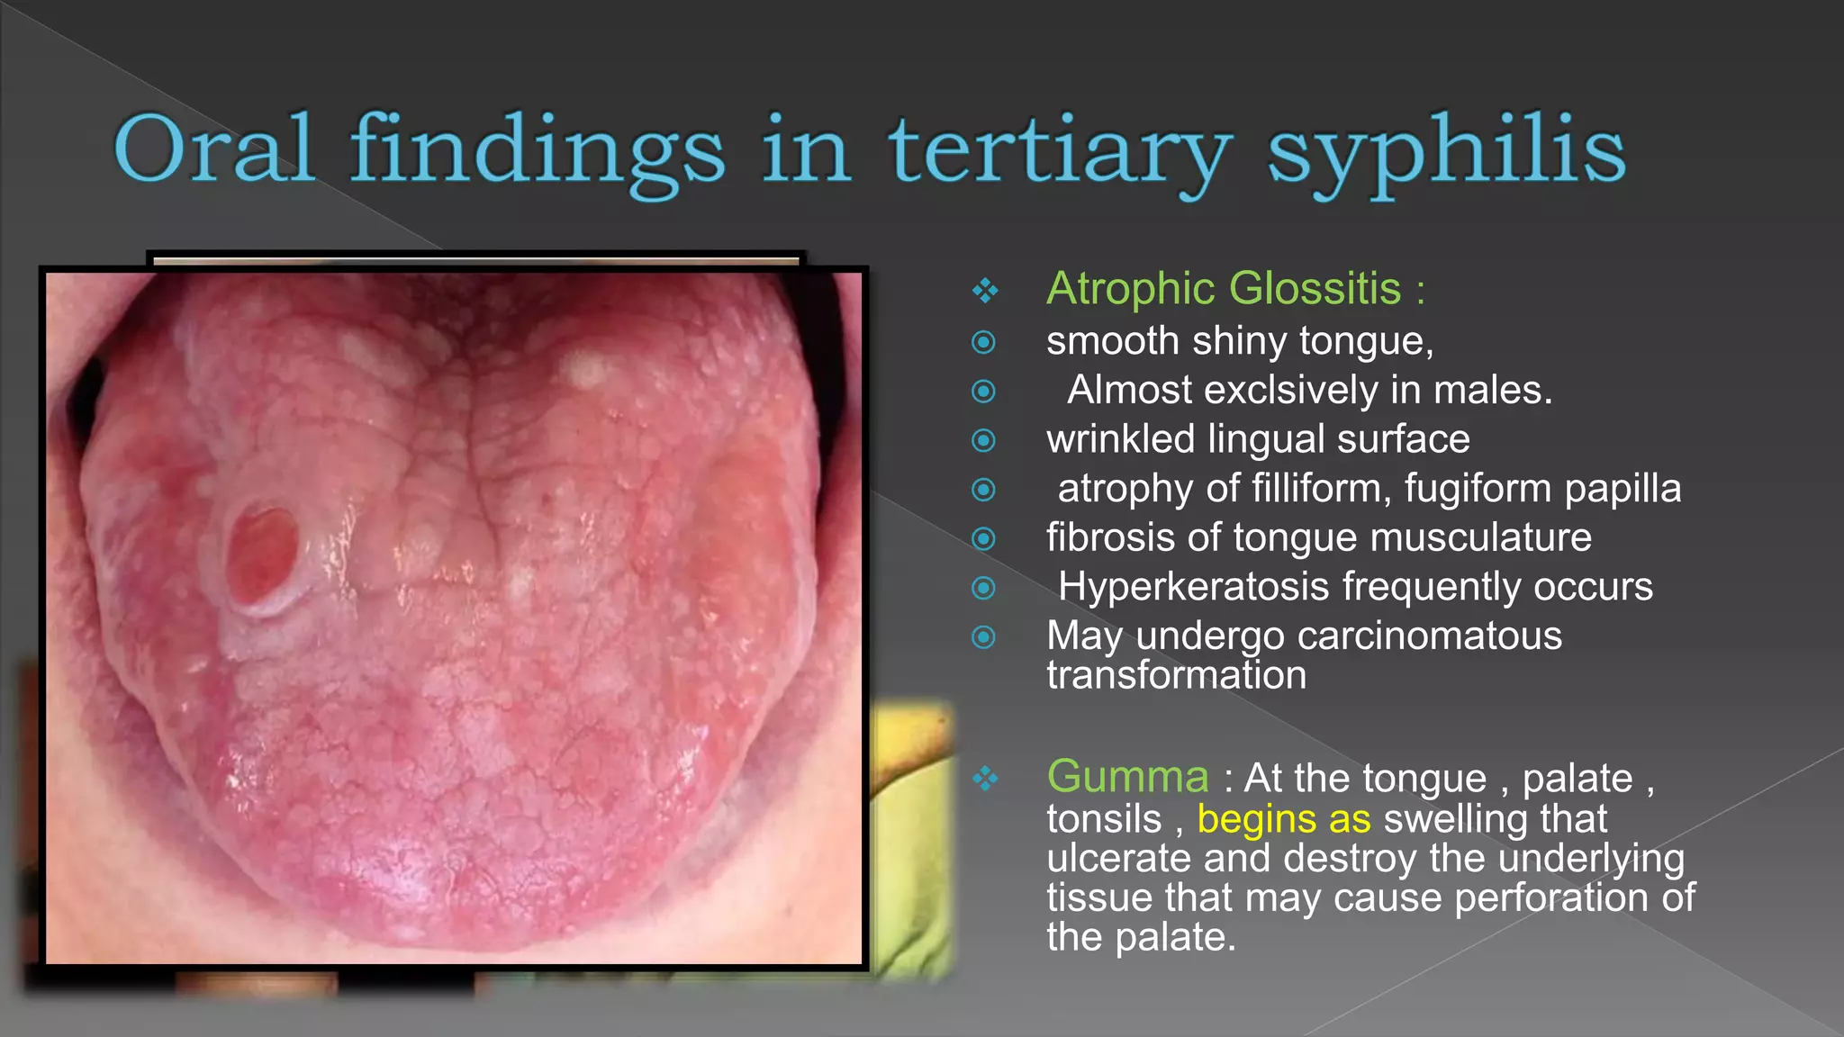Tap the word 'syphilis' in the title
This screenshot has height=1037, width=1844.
coord(1446,151)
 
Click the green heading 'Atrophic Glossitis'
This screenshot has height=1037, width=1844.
coord(1224,289)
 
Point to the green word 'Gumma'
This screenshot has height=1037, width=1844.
coord(1127,777)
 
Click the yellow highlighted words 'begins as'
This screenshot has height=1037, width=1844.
coord(1283,819)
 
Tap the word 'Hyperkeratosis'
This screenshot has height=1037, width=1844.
coord(1193,587)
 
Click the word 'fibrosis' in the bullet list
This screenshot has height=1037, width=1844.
coord(1110,537)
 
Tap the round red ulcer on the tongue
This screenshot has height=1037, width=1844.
coord(261,556)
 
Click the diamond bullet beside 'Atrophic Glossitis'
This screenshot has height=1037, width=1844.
coord(985,290)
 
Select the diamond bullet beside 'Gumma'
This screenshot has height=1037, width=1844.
coord(985,778)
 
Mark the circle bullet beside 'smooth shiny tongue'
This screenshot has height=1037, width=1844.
coord(984,342)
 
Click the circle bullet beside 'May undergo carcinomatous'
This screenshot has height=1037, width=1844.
coord(984,637)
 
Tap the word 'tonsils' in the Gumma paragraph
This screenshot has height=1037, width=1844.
coord(1104,819)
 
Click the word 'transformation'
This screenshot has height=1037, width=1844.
coord(1176,675)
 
